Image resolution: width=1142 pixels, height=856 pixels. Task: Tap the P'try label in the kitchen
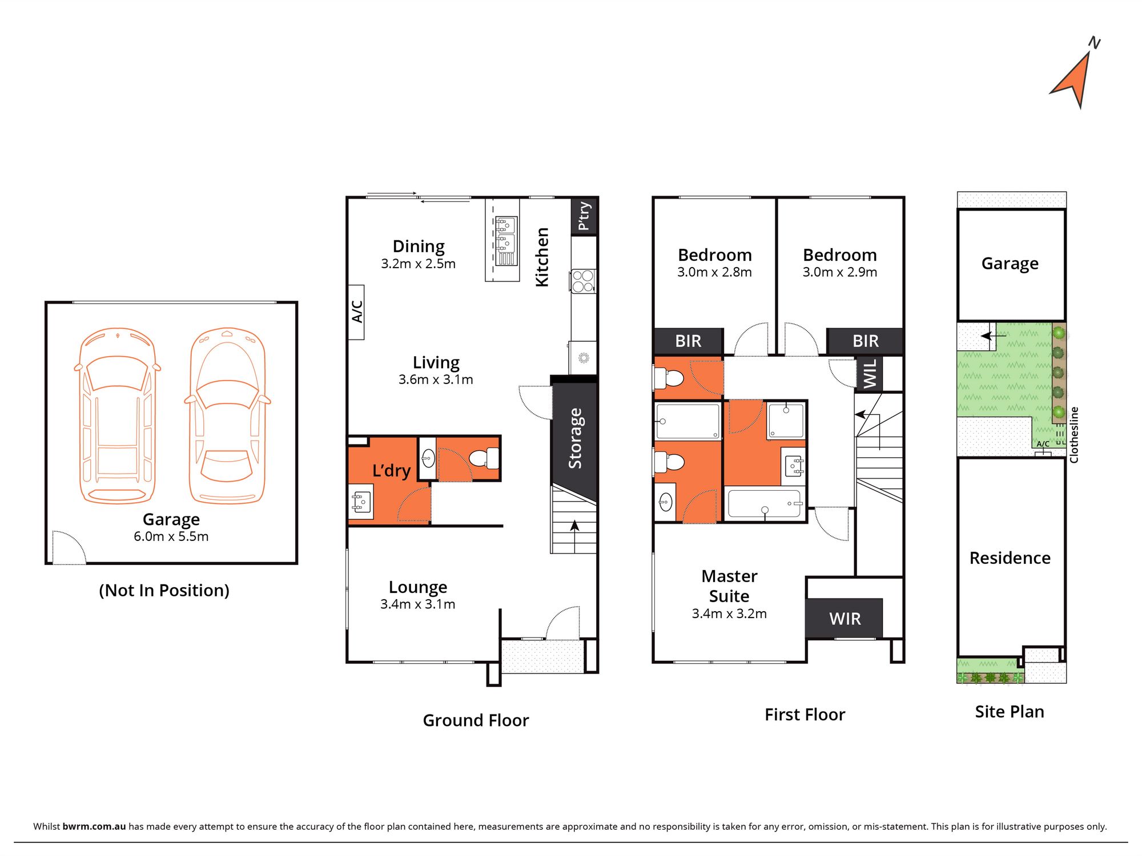point(584,216)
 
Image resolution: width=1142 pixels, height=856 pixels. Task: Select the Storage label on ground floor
point(575,438)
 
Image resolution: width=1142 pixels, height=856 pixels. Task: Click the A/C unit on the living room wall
point(357,312)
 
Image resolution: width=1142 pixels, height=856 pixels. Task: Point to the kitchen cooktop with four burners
point(583,281)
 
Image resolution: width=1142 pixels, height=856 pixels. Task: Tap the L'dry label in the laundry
point(391,471)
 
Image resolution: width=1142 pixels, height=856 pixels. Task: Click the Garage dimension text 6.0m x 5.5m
point(171,536)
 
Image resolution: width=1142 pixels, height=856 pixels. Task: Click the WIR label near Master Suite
point(845,619)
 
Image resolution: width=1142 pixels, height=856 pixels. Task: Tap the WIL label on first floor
point(869,373)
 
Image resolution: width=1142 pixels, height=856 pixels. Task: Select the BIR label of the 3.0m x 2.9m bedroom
point(865,341)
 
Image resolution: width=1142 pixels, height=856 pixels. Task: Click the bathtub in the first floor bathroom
point(765,503)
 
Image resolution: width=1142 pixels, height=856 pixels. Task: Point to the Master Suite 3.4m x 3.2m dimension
point(729,613)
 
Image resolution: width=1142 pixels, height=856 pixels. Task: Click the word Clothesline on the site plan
point(1074,434)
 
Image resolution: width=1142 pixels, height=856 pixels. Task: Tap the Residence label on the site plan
point(1010,558)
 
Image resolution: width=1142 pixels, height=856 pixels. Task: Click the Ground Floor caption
point(476,720)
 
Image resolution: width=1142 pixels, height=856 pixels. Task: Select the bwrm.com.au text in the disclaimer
point(94,826)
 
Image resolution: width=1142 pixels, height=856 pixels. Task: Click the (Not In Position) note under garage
point(164,590)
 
